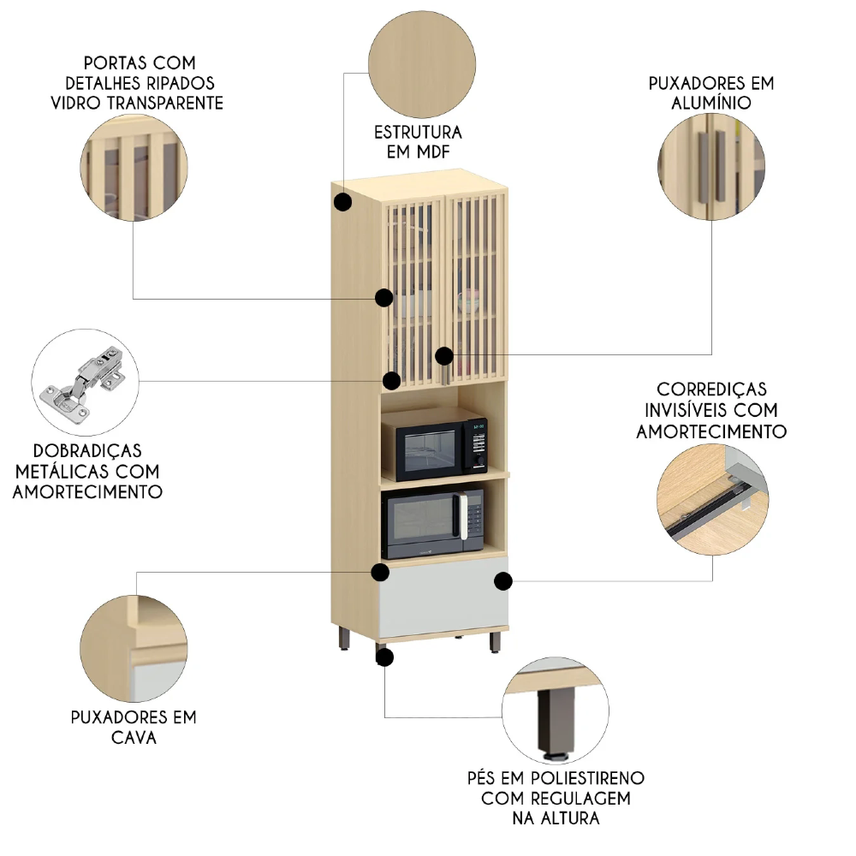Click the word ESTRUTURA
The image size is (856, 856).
(x=418, y=133)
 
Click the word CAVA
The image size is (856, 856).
(x=134, y=737)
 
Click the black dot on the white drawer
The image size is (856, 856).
(x=503, y=581)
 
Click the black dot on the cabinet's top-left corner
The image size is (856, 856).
(x=342, y=202)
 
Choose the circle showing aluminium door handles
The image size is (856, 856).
(x=711, y=165)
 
